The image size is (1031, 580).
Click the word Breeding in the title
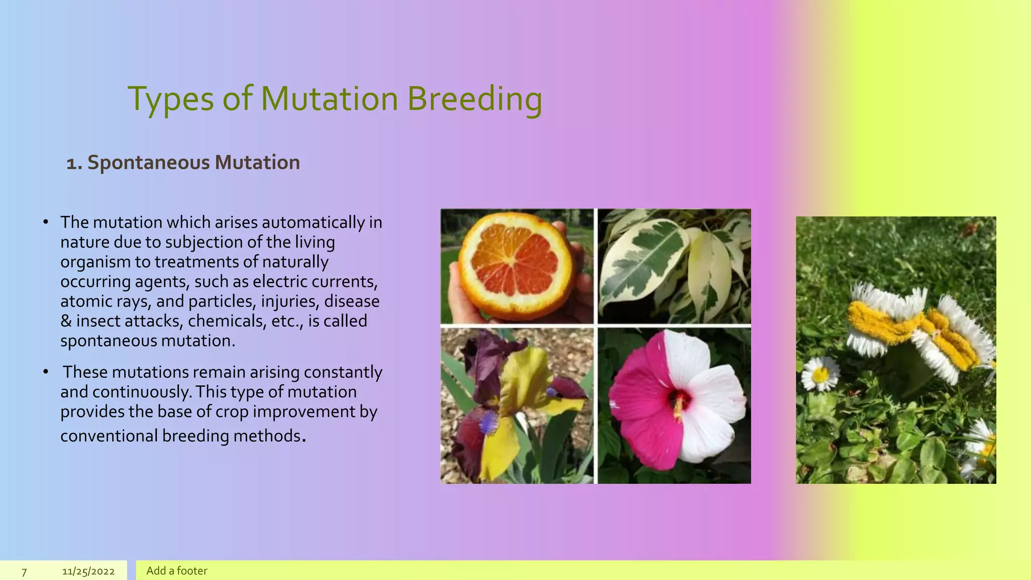pos(474,99)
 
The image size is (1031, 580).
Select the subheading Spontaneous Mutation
pos(193,163)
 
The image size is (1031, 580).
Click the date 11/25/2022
pos(88,571)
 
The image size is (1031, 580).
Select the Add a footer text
pos(177,571)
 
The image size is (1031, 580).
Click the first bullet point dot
pos(46,222)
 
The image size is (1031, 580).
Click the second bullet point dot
pos(46,372)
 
